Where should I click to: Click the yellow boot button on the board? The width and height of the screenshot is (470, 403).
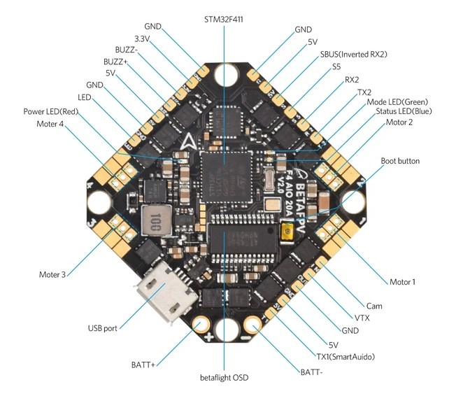pyautogui.click(x=287, y=234)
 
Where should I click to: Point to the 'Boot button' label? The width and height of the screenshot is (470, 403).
pyautogui.click(x=400, y=161)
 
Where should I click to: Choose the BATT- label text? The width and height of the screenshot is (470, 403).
pyautogui.click(x=311, y=372)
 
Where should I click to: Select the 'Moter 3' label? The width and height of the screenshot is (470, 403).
pyautogui.click(x=52, y=274)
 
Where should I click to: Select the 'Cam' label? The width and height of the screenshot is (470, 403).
pyautogui.click(x=374, y=306)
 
